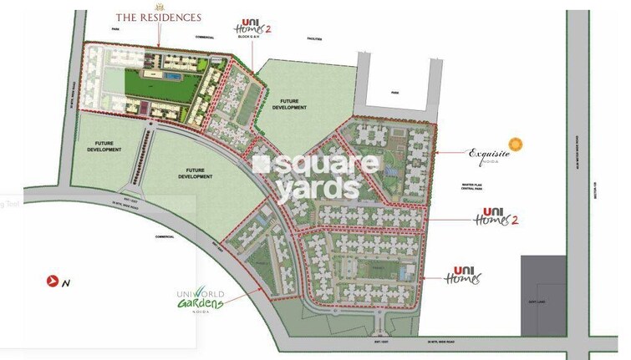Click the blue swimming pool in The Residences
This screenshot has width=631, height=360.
(171, 76)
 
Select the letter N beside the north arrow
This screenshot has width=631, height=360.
(65, 282)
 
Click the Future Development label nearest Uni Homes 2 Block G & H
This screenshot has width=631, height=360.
(288, 104)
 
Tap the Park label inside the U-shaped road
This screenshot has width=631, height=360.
(399, 94)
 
